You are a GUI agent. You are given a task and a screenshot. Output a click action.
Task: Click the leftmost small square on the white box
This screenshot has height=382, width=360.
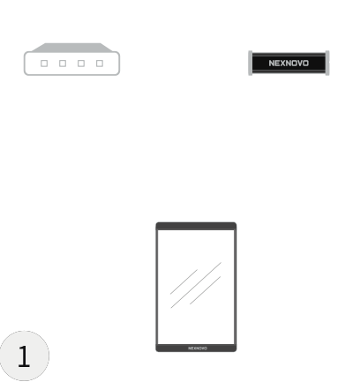44,64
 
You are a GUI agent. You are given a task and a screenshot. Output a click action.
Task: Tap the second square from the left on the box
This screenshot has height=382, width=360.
63,64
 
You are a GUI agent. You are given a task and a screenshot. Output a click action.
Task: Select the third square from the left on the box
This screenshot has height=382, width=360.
81,64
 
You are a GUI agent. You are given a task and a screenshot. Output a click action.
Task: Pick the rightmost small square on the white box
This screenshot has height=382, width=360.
100,64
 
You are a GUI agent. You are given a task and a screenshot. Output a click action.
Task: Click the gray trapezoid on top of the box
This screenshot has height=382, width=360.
71,48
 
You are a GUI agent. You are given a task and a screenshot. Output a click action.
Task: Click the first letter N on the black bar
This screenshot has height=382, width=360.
272,64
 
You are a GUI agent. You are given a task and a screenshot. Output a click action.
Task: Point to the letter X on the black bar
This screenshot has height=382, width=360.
282,64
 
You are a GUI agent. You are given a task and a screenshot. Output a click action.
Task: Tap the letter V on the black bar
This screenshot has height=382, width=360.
300,64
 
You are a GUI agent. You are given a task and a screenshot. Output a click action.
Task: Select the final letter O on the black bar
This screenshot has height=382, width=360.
306,64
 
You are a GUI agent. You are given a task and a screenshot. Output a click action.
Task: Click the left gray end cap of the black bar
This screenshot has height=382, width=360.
251,63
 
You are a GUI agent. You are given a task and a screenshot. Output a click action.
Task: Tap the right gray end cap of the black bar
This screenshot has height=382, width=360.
327,63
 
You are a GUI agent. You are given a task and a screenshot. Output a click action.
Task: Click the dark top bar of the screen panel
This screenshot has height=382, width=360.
196,226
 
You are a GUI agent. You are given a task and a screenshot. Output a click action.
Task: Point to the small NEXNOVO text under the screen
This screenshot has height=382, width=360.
198,348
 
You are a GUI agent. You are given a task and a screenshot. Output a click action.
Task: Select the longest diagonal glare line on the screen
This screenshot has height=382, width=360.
196,285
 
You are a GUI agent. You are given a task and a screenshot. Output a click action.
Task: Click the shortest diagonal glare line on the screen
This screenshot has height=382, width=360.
184,281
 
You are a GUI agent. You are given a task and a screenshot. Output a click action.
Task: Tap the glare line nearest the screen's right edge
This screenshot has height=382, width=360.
205,290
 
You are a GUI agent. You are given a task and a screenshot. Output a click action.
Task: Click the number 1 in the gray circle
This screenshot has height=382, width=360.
24,356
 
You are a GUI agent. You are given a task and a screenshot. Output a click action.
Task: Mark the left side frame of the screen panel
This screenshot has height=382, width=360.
157,287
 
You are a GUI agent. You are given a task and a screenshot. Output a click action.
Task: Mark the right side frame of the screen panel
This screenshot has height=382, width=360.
236,287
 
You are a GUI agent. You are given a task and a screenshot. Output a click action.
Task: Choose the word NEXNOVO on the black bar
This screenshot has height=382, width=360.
289,64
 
